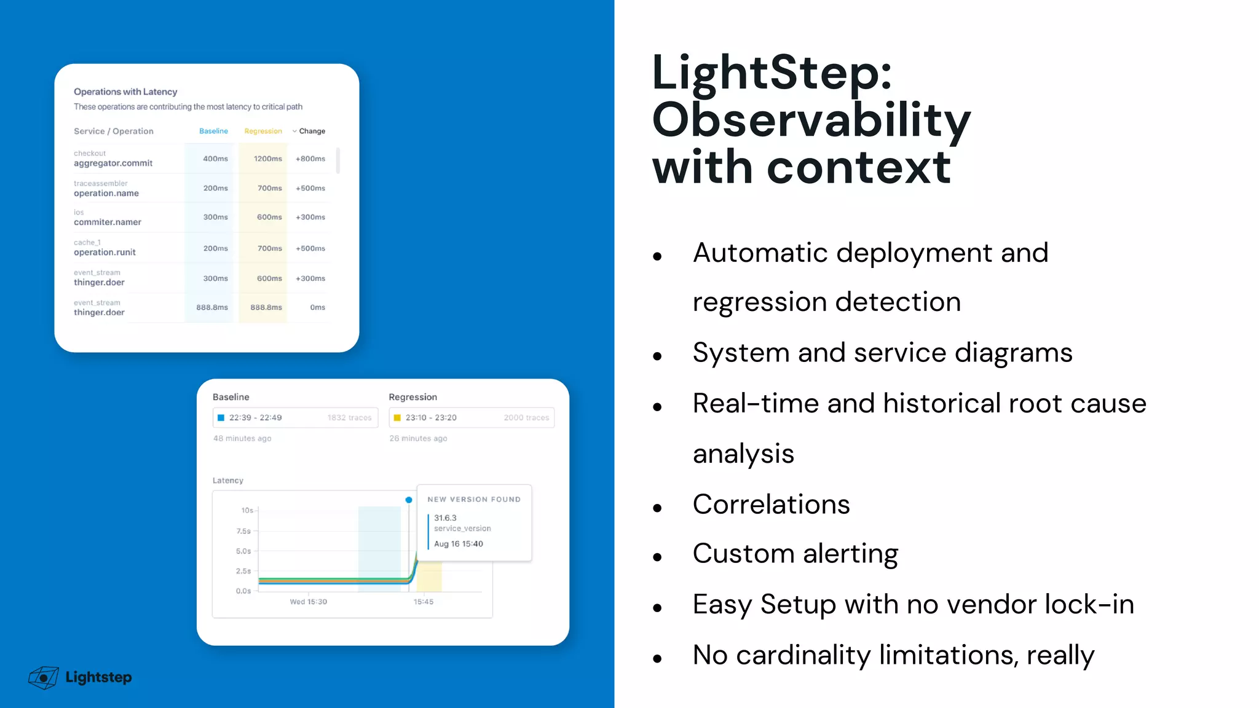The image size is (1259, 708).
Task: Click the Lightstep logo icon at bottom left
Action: tap(43, 677)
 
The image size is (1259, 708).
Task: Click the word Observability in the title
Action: tap(810, 120)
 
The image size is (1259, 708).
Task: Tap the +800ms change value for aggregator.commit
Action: tap(310, 159)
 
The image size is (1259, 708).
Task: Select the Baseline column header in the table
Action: tap(213, 131)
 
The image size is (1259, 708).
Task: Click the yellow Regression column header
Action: tap(262, 131)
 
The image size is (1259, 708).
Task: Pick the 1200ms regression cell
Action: tap(267, 159)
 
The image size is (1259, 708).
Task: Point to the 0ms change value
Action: tap(317, 307)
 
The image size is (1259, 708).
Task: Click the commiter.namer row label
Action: tap(108, 222)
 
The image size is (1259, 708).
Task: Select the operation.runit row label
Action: tap(105, 252)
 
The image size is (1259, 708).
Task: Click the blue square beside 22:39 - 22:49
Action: tap(221, 418)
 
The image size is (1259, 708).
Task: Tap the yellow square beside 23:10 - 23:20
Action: tap(397, 418)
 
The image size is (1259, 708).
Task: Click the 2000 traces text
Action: tap(526, 418)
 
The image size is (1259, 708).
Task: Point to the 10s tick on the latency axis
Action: tap(247, 510)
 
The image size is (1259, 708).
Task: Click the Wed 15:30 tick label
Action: tap(308, 602)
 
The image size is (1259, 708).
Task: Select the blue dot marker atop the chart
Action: tap(409, 500)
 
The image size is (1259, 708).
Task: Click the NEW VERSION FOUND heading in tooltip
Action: tap(473, 500)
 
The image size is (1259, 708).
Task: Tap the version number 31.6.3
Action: tap(445, 518)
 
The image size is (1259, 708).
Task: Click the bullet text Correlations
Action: tap(771, 505)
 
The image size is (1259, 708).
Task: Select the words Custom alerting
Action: tap(795, 554)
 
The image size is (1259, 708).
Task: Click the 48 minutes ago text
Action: tap(242, 438)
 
